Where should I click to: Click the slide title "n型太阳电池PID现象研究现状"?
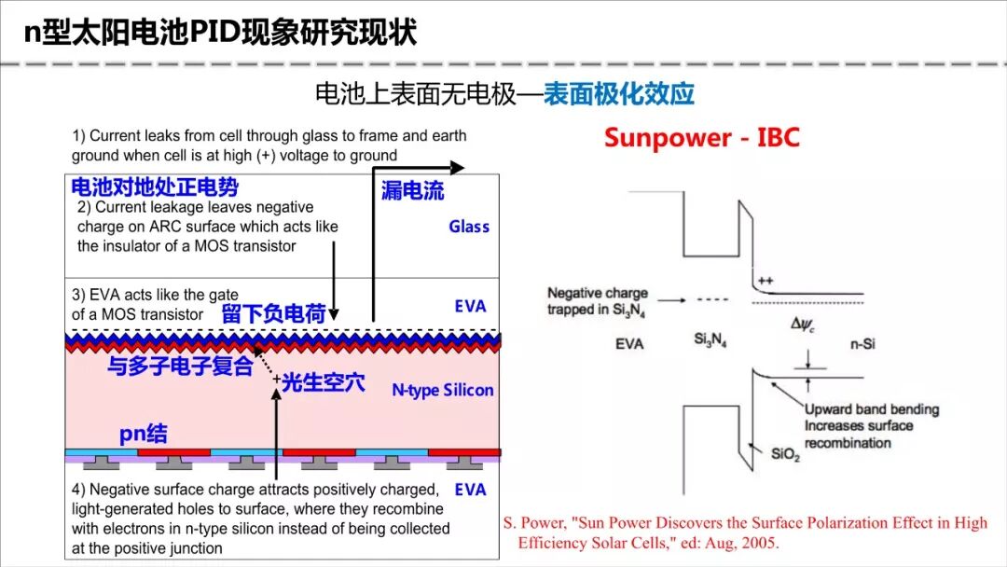click(220, 34)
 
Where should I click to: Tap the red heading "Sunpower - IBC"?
click(701, 137)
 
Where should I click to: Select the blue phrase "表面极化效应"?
click(619, 94)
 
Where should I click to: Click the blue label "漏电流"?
click(412, 191)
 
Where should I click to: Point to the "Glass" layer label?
click(468, 227)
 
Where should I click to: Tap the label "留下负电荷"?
click(273, 314)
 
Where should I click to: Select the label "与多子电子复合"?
click(180, 366)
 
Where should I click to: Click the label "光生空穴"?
click(323, 381)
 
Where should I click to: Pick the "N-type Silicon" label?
click(442, 390)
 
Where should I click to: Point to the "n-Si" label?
click(861, 343)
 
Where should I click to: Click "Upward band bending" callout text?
click(872, 409)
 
